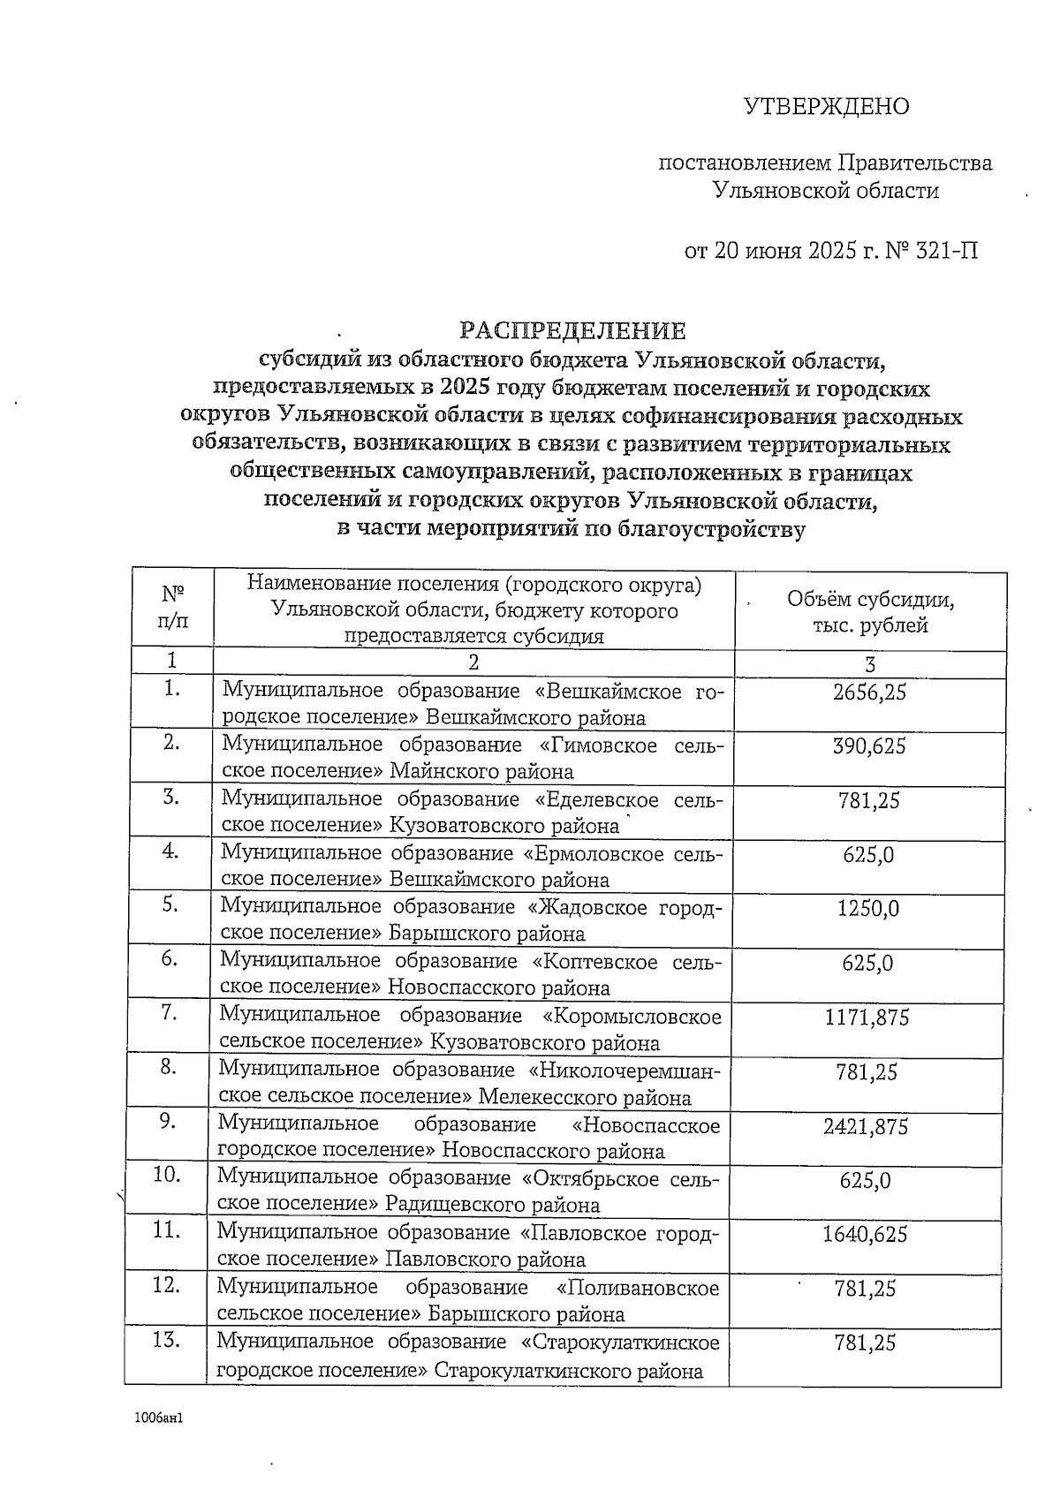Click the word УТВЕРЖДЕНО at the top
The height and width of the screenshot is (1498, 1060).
(826, 107)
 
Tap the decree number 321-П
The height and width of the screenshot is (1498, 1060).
(947, 251)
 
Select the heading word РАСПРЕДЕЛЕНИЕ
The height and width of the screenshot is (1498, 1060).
(572, 330)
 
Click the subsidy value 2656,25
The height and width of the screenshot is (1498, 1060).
(869, 692)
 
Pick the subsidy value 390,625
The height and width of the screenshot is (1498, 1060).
(869, 746)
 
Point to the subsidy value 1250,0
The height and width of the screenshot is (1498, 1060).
(869, 909)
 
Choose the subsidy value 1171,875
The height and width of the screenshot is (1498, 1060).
(867, 1018)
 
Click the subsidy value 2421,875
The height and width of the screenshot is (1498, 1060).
(866, 1126)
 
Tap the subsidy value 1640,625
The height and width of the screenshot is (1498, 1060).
(865, 1234)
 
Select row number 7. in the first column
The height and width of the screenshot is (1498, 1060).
(170, 1013)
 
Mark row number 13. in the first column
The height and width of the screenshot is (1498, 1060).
(166, 1340)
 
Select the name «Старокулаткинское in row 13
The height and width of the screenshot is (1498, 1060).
(620, 1343)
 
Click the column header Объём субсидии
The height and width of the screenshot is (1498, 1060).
(870, 600)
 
